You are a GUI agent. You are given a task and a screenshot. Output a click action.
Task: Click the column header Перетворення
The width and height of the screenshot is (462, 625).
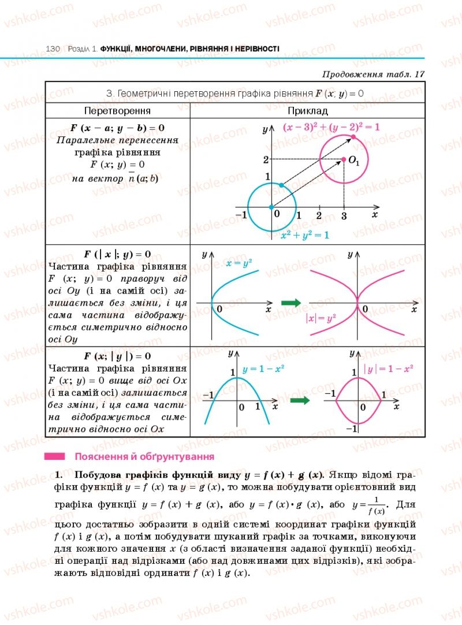click(117, 110)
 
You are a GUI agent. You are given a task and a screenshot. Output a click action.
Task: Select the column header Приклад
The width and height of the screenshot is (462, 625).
click(307, 110)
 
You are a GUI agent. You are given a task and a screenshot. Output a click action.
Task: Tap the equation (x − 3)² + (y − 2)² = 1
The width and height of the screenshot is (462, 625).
click(331, 127)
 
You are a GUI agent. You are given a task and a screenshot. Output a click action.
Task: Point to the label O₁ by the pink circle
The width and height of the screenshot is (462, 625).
click(354, 162)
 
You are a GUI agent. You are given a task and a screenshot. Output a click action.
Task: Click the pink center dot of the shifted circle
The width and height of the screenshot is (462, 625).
click(344, 159)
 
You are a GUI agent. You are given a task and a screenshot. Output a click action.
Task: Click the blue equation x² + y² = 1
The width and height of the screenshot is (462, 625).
click(304, 235)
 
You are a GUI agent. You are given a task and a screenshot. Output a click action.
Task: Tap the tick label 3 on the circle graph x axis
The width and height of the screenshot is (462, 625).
click(344, 216)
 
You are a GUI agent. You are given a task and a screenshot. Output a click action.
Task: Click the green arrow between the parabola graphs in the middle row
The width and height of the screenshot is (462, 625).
click(292, 303)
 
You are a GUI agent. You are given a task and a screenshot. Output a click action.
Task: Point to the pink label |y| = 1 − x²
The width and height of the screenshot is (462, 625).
click(388, 368)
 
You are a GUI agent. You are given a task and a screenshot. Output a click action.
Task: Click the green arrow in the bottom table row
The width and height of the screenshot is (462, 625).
click(299, 400)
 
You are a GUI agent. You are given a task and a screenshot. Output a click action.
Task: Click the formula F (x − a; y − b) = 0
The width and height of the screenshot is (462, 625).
click(117, 127)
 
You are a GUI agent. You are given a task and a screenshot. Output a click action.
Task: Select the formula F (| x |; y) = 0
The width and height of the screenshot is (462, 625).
click(117, 254)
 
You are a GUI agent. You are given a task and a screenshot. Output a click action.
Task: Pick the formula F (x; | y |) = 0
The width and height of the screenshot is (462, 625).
click(117, 356)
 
